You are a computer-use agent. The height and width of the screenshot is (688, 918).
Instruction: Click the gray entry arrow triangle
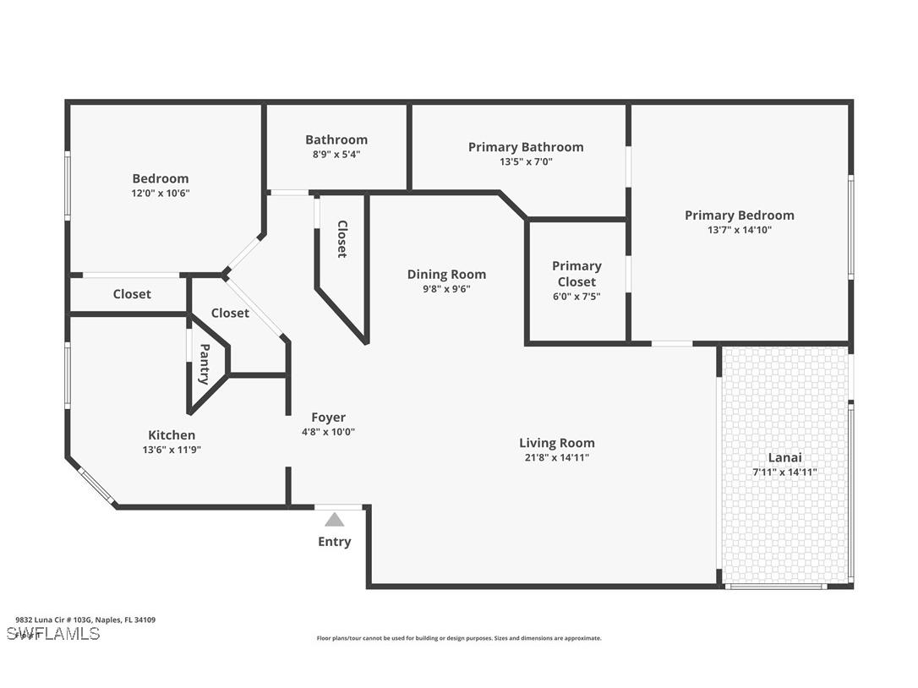(335, 520)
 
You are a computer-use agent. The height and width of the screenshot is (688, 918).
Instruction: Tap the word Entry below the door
(335, 542)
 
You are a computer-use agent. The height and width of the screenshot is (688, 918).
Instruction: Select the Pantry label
(205, 364)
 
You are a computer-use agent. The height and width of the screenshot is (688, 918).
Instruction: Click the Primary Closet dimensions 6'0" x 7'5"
(576, 297)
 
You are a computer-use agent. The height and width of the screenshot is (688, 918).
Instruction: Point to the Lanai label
(784, 457)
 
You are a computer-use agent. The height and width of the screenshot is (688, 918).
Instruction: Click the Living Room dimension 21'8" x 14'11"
(556, 457)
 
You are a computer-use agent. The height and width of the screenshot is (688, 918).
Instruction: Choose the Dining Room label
(446, 274)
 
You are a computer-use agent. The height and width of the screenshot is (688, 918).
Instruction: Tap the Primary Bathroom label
(526, 147)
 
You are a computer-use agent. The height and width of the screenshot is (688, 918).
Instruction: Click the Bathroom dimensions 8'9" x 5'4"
(336, 154)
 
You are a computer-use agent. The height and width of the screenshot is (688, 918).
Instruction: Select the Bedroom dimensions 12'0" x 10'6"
(161, 193)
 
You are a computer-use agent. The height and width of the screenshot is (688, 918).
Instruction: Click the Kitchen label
(172, 435)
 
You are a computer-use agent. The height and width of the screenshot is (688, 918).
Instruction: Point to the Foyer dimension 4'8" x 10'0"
(328, 431)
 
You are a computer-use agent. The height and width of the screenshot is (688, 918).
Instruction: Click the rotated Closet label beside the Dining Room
(342, 239)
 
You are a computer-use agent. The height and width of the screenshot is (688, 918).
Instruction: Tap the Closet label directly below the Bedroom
(132, 294)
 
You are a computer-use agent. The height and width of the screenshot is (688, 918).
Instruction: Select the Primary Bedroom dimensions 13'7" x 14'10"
(739, 229)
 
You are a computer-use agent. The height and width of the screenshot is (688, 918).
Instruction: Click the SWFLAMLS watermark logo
(52, 633)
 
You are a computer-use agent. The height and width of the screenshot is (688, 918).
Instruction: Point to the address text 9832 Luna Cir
(85, 620)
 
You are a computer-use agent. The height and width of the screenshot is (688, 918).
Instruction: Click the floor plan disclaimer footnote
(459, 638)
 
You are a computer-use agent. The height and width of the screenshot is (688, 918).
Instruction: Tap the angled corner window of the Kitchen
(96, 487)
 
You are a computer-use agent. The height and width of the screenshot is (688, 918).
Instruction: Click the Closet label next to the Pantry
(230, 313)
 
